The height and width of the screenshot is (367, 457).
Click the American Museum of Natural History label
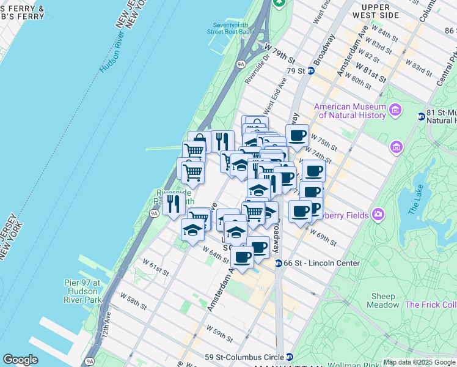(349, 111)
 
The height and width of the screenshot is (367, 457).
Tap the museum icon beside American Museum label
(395, 111)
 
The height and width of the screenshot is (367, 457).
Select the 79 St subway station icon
(310, 70)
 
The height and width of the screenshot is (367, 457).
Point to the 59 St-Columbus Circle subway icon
(290, 357)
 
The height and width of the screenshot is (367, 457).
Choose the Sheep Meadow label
(383, 300)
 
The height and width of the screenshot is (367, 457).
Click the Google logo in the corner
(20, 360)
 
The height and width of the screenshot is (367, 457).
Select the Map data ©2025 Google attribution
(419, 362)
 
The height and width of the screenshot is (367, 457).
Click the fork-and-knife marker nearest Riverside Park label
(174, 203)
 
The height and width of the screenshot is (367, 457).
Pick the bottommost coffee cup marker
(242, 257)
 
